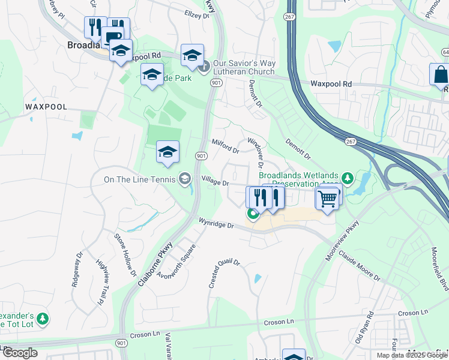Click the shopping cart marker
[327, 199]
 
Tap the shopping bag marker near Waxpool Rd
[441, 76]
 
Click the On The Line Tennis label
[139, 179]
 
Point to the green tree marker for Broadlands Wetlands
[346, 178]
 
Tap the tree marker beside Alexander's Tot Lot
[43, 318]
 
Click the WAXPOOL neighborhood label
[46, 106]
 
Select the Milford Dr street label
[226, 146]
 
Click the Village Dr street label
[215, 180]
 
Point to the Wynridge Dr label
[215, 224]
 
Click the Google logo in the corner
[20, 353]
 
